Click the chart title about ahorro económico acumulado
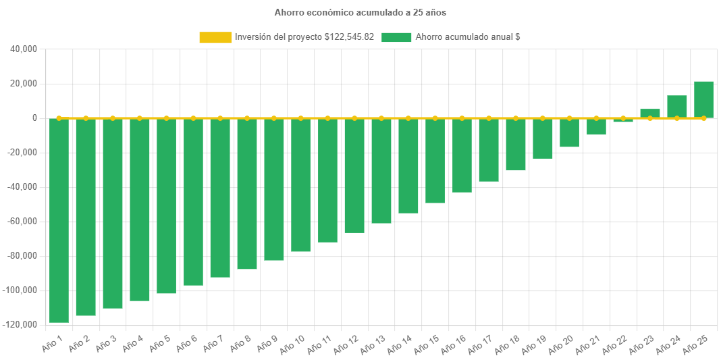tap(360, 13)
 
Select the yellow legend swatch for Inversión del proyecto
tap(215, 38)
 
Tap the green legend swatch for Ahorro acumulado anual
tap(396, 38)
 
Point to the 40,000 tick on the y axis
tap(24, 49)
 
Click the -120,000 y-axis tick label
tap(20, 325)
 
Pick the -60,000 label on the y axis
tap(22, 222)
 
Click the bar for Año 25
tap(703, 99)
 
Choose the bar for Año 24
tap(677, 107)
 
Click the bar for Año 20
tap(569, 133)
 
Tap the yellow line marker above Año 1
tap(59, 118)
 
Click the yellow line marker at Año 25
tap(703, 118)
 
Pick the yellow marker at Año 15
tap(435, 118)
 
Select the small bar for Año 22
tap(623, 121)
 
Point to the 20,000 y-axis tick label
tap(24, 84)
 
